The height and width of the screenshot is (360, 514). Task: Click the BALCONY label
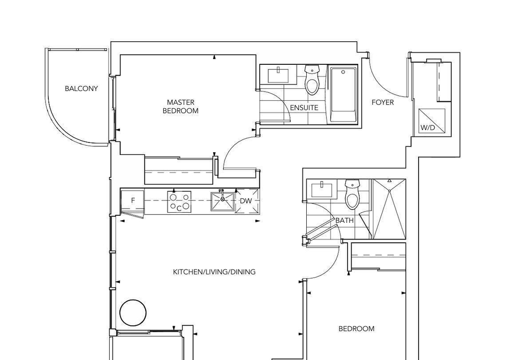click(81, 88)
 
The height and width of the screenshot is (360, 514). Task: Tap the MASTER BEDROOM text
click(180, 107)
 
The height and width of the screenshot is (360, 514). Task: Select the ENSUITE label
click(304, 108)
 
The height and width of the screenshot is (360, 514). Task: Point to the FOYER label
click(382, 102)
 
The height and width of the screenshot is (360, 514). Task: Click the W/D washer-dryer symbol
click(432, 121)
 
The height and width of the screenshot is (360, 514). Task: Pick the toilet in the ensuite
click(312, 80)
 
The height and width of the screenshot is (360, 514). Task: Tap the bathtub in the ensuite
click(343, 95)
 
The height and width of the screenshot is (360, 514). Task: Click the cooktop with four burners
click(179, 202)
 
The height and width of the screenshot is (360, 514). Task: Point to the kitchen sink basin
click(223, 201)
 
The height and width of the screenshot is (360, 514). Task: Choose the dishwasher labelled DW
click(246, 201)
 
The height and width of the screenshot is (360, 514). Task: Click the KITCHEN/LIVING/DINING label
click(214, 272)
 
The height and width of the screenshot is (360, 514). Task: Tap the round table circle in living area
click(133, 312)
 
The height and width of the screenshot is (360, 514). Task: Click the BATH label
click(344, 220)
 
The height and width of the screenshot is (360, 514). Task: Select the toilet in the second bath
click(352, 194)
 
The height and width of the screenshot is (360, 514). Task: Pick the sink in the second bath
click(322, 190)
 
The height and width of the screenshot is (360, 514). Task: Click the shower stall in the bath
click(389, 209)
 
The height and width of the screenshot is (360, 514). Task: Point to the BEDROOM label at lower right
click(357, 328)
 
